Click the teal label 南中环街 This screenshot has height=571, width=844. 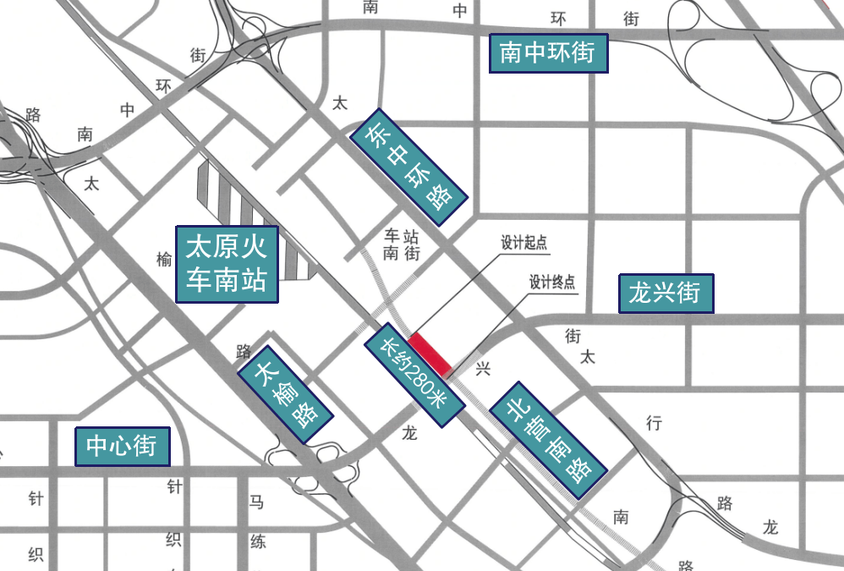point(548,53)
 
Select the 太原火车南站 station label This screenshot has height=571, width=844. point(227,263)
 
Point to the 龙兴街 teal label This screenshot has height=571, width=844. point(666,294)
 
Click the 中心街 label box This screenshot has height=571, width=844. point(123,446)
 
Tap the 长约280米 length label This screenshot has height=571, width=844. point(414,375)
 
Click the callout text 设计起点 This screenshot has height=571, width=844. point(524,244)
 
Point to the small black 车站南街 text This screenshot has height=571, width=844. point(402,244)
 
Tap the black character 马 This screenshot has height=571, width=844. point(256,502)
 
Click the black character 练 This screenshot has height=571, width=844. point(256,541)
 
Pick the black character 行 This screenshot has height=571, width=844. point(654,423)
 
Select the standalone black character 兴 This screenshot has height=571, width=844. point(484,369)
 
